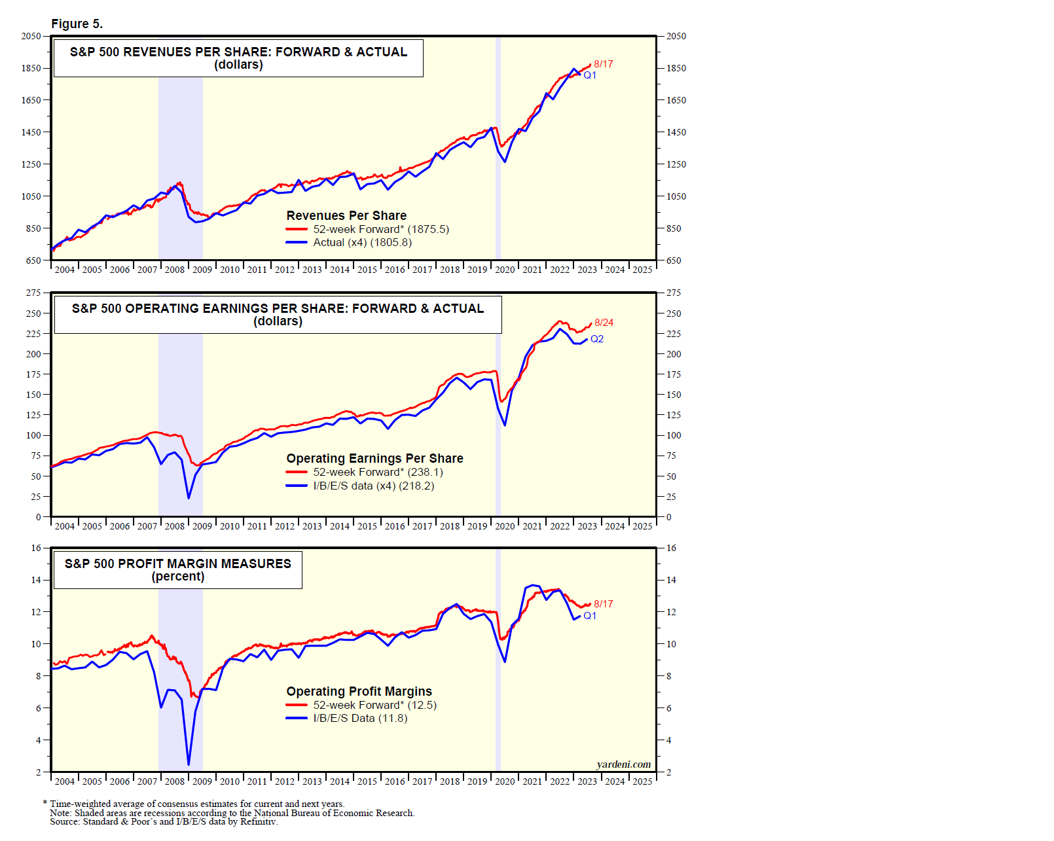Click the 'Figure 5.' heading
77,24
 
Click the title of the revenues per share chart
238,52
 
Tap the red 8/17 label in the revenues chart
603,64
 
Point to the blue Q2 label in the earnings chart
596,339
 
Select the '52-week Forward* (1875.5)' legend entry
380,229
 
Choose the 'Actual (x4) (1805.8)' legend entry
362,243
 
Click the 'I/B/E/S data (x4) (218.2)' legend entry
373,486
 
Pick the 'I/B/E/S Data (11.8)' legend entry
360,719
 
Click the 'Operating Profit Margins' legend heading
359,691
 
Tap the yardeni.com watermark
623,764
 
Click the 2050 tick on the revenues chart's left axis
31,36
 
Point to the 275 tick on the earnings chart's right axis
674,293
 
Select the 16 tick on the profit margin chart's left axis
36,548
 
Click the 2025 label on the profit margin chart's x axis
642,781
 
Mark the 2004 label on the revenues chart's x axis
64,270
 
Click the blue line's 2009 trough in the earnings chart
189,498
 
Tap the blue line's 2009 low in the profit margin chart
189,764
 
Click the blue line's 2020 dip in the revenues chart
505,162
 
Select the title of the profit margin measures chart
177,564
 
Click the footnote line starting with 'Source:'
164,822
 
